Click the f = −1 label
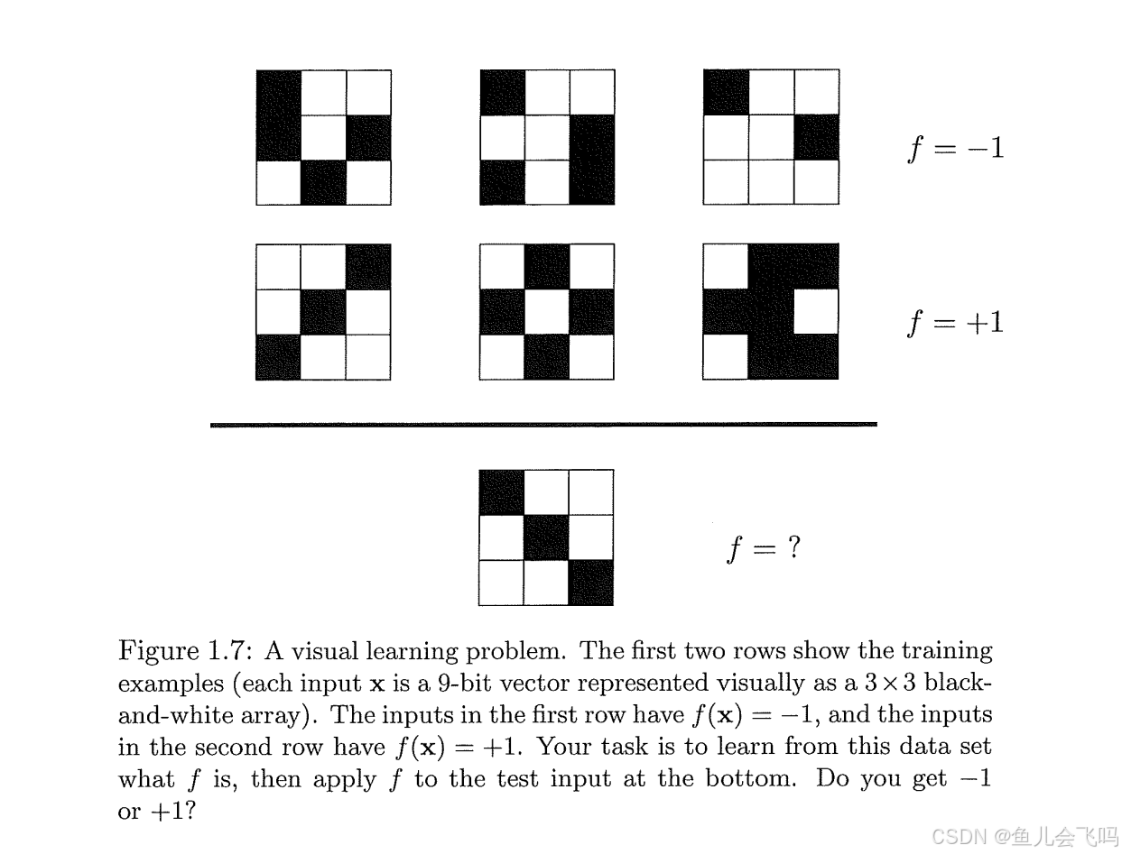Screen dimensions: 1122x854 point(955,147)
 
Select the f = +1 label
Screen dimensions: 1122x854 point(955,322)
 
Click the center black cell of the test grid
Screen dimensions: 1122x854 point(546,537)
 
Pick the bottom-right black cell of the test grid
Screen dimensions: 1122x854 point(591,583)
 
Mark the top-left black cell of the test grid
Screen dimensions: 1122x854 point(501,492)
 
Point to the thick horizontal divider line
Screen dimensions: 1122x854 point(543,424)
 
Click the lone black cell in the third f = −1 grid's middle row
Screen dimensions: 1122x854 point(816,137)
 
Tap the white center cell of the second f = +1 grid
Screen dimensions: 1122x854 point(547,312)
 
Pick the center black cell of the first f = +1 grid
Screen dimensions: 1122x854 point(323,312)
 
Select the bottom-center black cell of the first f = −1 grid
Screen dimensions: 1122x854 point(323,182)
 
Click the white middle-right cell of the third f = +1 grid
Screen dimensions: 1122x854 point(816,312)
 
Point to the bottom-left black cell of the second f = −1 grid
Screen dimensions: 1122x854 point(502,182)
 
